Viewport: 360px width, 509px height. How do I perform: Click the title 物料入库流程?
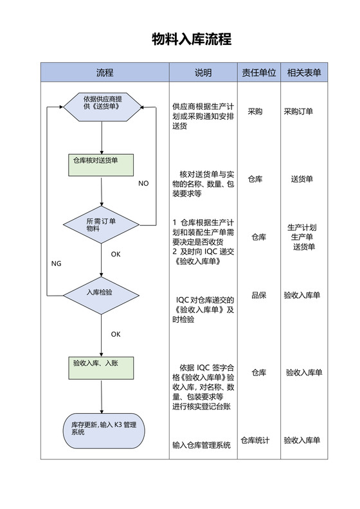pyautogui.click(x=192, y=40)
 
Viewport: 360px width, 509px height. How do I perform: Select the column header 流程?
pyautogui.click(x=105, y=73)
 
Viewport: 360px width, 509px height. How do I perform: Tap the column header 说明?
pyautogui.click(x=203, y=73)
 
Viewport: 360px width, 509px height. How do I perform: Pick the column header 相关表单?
pyautogui.click(x=304, y=73)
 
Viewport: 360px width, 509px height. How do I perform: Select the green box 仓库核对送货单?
pyautogui.click(x=102, y=165)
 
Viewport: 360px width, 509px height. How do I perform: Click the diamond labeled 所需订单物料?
pyautogui.click(x=102, y=225)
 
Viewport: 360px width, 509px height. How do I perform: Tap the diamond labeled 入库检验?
pyautogui.click(x=102, y=295)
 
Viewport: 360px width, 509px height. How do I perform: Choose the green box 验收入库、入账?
pyautogui.click(x=102, y=368)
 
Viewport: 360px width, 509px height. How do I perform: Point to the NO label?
pyautogui.click(x=143, y=183)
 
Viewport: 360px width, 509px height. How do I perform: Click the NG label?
pyautogui.click(x=57, y=263)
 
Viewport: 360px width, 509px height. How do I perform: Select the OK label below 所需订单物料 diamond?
pyautogui.click(x=116, y=254)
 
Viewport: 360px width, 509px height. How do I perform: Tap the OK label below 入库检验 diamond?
pyautogui.click(x=116, y=334)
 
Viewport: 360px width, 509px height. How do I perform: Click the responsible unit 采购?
pyautogui.click(x=255, y=111)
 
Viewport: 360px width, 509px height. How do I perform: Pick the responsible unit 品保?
pyautogui.click(x=258, y=295)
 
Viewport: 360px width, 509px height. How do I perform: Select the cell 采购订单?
pyautogui.click(x=298, y=111)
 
